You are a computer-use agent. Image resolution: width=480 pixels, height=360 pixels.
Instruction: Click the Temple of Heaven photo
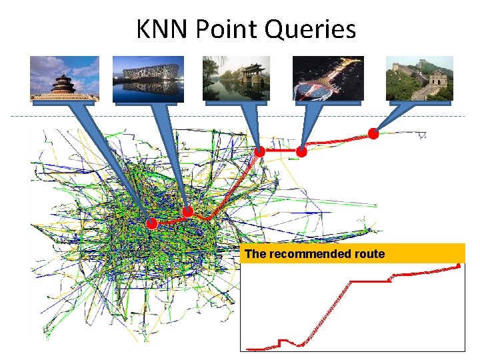(x=65, y=78)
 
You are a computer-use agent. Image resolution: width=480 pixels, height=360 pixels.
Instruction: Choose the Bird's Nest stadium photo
(x=148, y=78)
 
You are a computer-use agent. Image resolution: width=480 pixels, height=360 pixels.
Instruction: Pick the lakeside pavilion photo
(x=236, y=78)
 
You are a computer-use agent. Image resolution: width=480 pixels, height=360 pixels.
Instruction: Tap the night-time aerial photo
(x=328, y=78)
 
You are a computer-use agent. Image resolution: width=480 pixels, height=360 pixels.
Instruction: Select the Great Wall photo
(x=419, y=78)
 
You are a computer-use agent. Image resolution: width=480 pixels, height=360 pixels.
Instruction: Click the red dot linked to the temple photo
(x=152, y=223)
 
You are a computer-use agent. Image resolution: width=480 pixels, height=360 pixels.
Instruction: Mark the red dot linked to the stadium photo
(x=187, y=211)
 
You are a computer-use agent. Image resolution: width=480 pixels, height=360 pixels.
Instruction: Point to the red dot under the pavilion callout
(x=260, y=152)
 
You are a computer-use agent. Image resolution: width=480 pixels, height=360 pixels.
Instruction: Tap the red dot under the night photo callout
(x=301, y=152)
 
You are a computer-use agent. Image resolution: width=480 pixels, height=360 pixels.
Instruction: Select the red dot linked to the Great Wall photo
(x=373, y=133)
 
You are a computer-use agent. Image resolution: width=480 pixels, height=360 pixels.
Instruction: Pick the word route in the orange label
(x=370, y=254)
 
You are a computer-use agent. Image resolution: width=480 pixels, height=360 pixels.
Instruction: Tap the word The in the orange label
(x=255, y=254)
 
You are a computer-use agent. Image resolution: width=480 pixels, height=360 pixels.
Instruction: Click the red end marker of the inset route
(x=459, y=266)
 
